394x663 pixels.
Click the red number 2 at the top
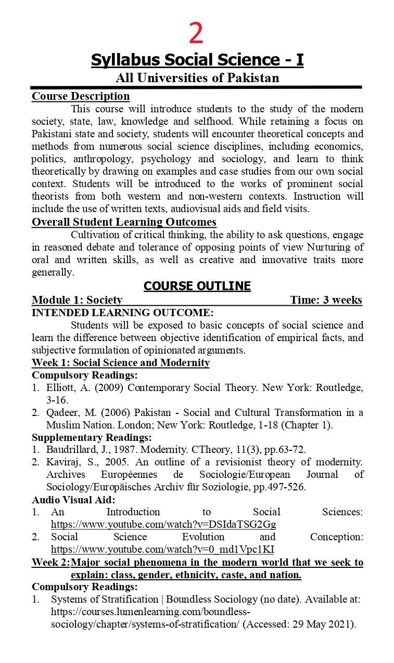pos(196,34)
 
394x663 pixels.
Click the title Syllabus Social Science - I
pos(197,60)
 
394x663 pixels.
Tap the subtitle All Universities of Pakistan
pos(197,78)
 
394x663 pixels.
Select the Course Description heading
pos(81,96)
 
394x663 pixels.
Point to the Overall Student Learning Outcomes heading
pos(124,222)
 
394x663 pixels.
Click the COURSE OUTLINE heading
pos(197,286)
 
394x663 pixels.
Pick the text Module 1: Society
pos(77,300)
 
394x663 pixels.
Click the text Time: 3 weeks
pos(326,300)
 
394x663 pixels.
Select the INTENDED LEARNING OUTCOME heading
pos(122,313)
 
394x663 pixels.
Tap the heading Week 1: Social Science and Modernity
pos(121,362)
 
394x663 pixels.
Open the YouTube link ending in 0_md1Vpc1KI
pos(162,549)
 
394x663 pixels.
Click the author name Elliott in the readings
pos(61,387)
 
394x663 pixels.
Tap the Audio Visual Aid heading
pos(73,499)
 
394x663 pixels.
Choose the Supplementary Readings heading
pos(92,437)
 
